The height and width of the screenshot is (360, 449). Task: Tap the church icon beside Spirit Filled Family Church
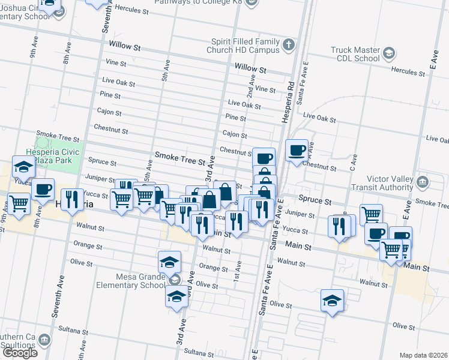click(x=289, y=45)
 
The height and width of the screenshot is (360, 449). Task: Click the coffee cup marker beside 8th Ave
click(x=43, y=189)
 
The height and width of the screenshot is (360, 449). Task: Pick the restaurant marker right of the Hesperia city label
click(x=72, y=199)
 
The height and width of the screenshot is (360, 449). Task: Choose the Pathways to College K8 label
click(x=205, y=2)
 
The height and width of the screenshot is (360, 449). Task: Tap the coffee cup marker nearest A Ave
click(x=297, y=150)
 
